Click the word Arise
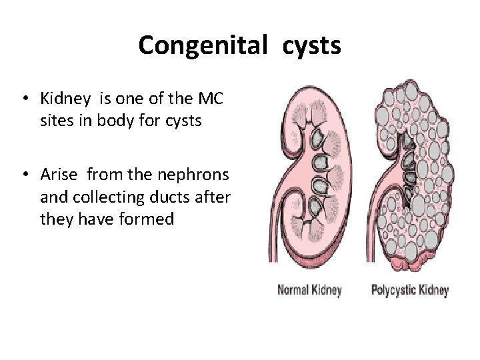60,175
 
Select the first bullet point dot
23,100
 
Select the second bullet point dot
23,176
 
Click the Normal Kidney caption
309,290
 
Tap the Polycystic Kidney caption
409,290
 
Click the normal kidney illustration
320,167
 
